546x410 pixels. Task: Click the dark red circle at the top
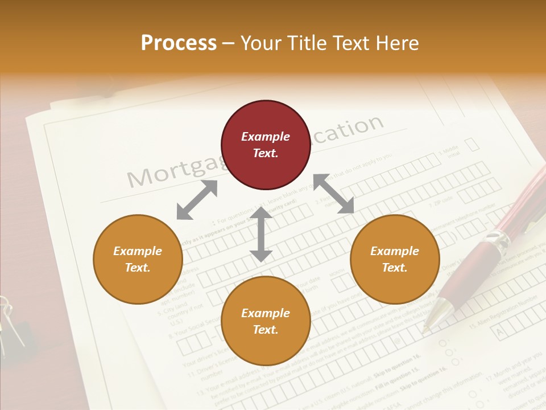click(x=266, y=145)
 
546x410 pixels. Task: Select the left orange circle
click(x=138, y=260)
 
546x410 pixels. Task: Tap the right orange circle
click(x=395, y=260)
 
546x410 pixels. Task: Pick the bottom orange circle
click(x=266, y=322)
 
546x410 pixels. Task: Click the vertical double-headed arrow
click(x=261, y=235)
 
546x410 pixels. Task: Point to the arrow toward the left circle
click(x=197, y=200)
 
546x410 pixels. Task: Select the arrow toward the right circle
click(x=333, y=194)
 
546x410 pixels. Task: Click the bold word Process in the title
click(x=179, y=43)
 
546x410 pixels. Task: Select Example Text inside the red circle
click(x=266, y=145)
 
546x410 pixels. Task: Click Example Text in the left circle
click(x=138, y=259)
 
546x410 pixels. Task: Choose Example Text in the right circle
click(x=395, y=259)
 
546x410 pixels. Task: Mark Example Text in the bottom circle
click(x=266, y=321)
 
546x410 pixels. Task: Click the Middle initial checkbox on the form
click(x=472, y=145)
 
